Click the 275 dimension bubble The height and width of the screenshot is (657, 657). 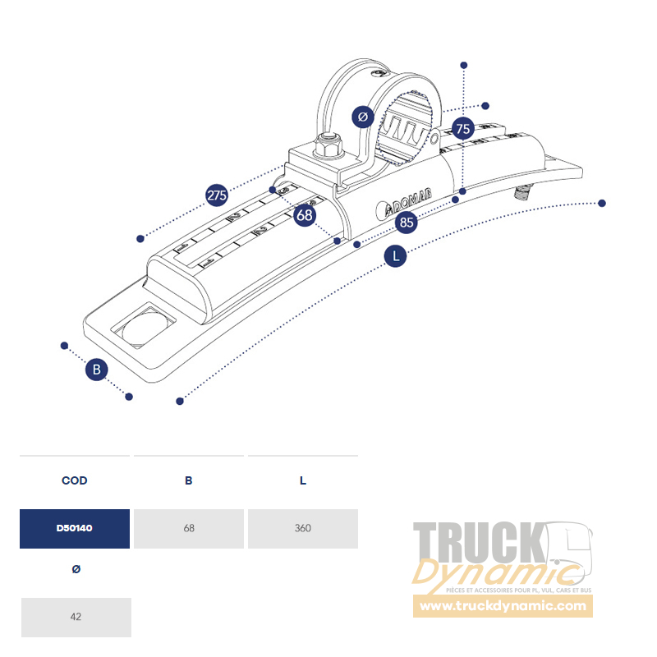217,195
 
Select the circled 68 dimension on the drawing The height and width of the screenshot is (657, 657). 305,215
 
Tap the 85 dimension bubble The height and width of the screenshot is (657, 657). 406,222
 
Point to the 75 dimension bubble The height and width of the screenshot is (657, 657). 463,129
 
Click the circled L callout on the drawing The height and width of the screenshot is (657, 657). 396,256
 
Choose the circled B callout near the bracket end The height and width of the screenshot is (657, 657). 97,370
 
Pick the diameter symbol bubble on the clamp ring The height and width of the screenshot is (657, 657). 363,117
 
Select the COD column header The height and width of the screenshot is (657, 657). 75,480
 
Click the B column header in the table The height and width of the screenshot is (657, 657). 189,480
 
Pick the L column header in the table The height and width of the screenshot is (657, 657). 303,480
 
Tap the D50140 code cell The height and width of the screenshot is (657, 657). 75,528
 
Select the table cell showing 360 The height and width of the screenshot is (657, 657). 303,528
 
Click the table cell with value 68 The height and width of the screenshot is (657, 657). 189,528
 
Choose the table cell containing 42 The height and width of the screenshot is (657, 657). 76,617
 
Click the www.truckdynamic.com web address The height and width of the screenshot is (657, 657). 503,607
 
